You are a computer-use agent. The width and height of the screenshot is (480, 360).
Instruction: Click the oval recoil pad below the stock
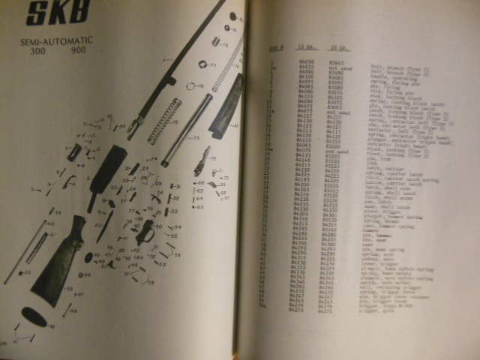[34, 318]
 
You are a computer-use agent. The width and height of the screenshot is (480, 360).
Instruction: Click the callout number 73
[196, 138]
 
